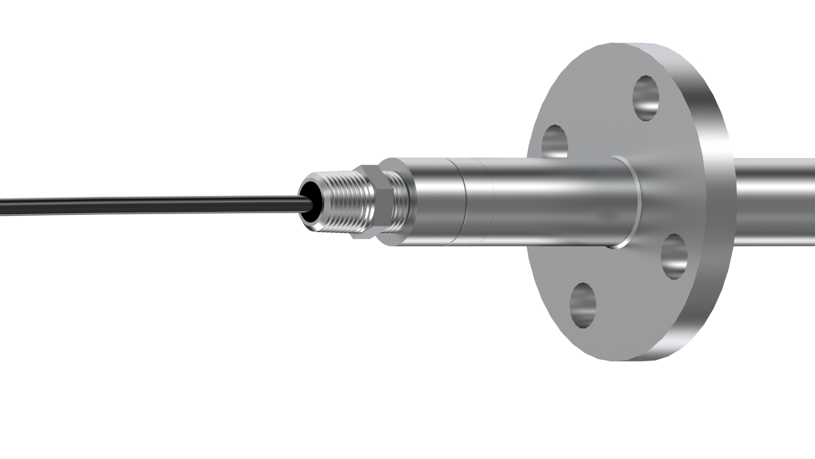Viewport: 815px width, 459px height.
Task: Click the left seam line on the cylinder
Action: (x=464, y=202)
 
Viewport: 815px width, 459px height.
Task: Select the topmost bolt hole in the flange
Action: (x=646, y=98)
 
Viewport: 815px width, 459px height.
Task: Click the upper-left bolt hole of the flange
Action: (x=556, y=141)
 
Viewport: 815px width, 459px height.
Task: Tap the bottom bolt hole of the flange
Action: (x=583, y=306)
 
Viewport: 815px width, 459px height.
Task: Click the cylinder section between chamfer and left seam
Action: (x=437, y=202)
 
